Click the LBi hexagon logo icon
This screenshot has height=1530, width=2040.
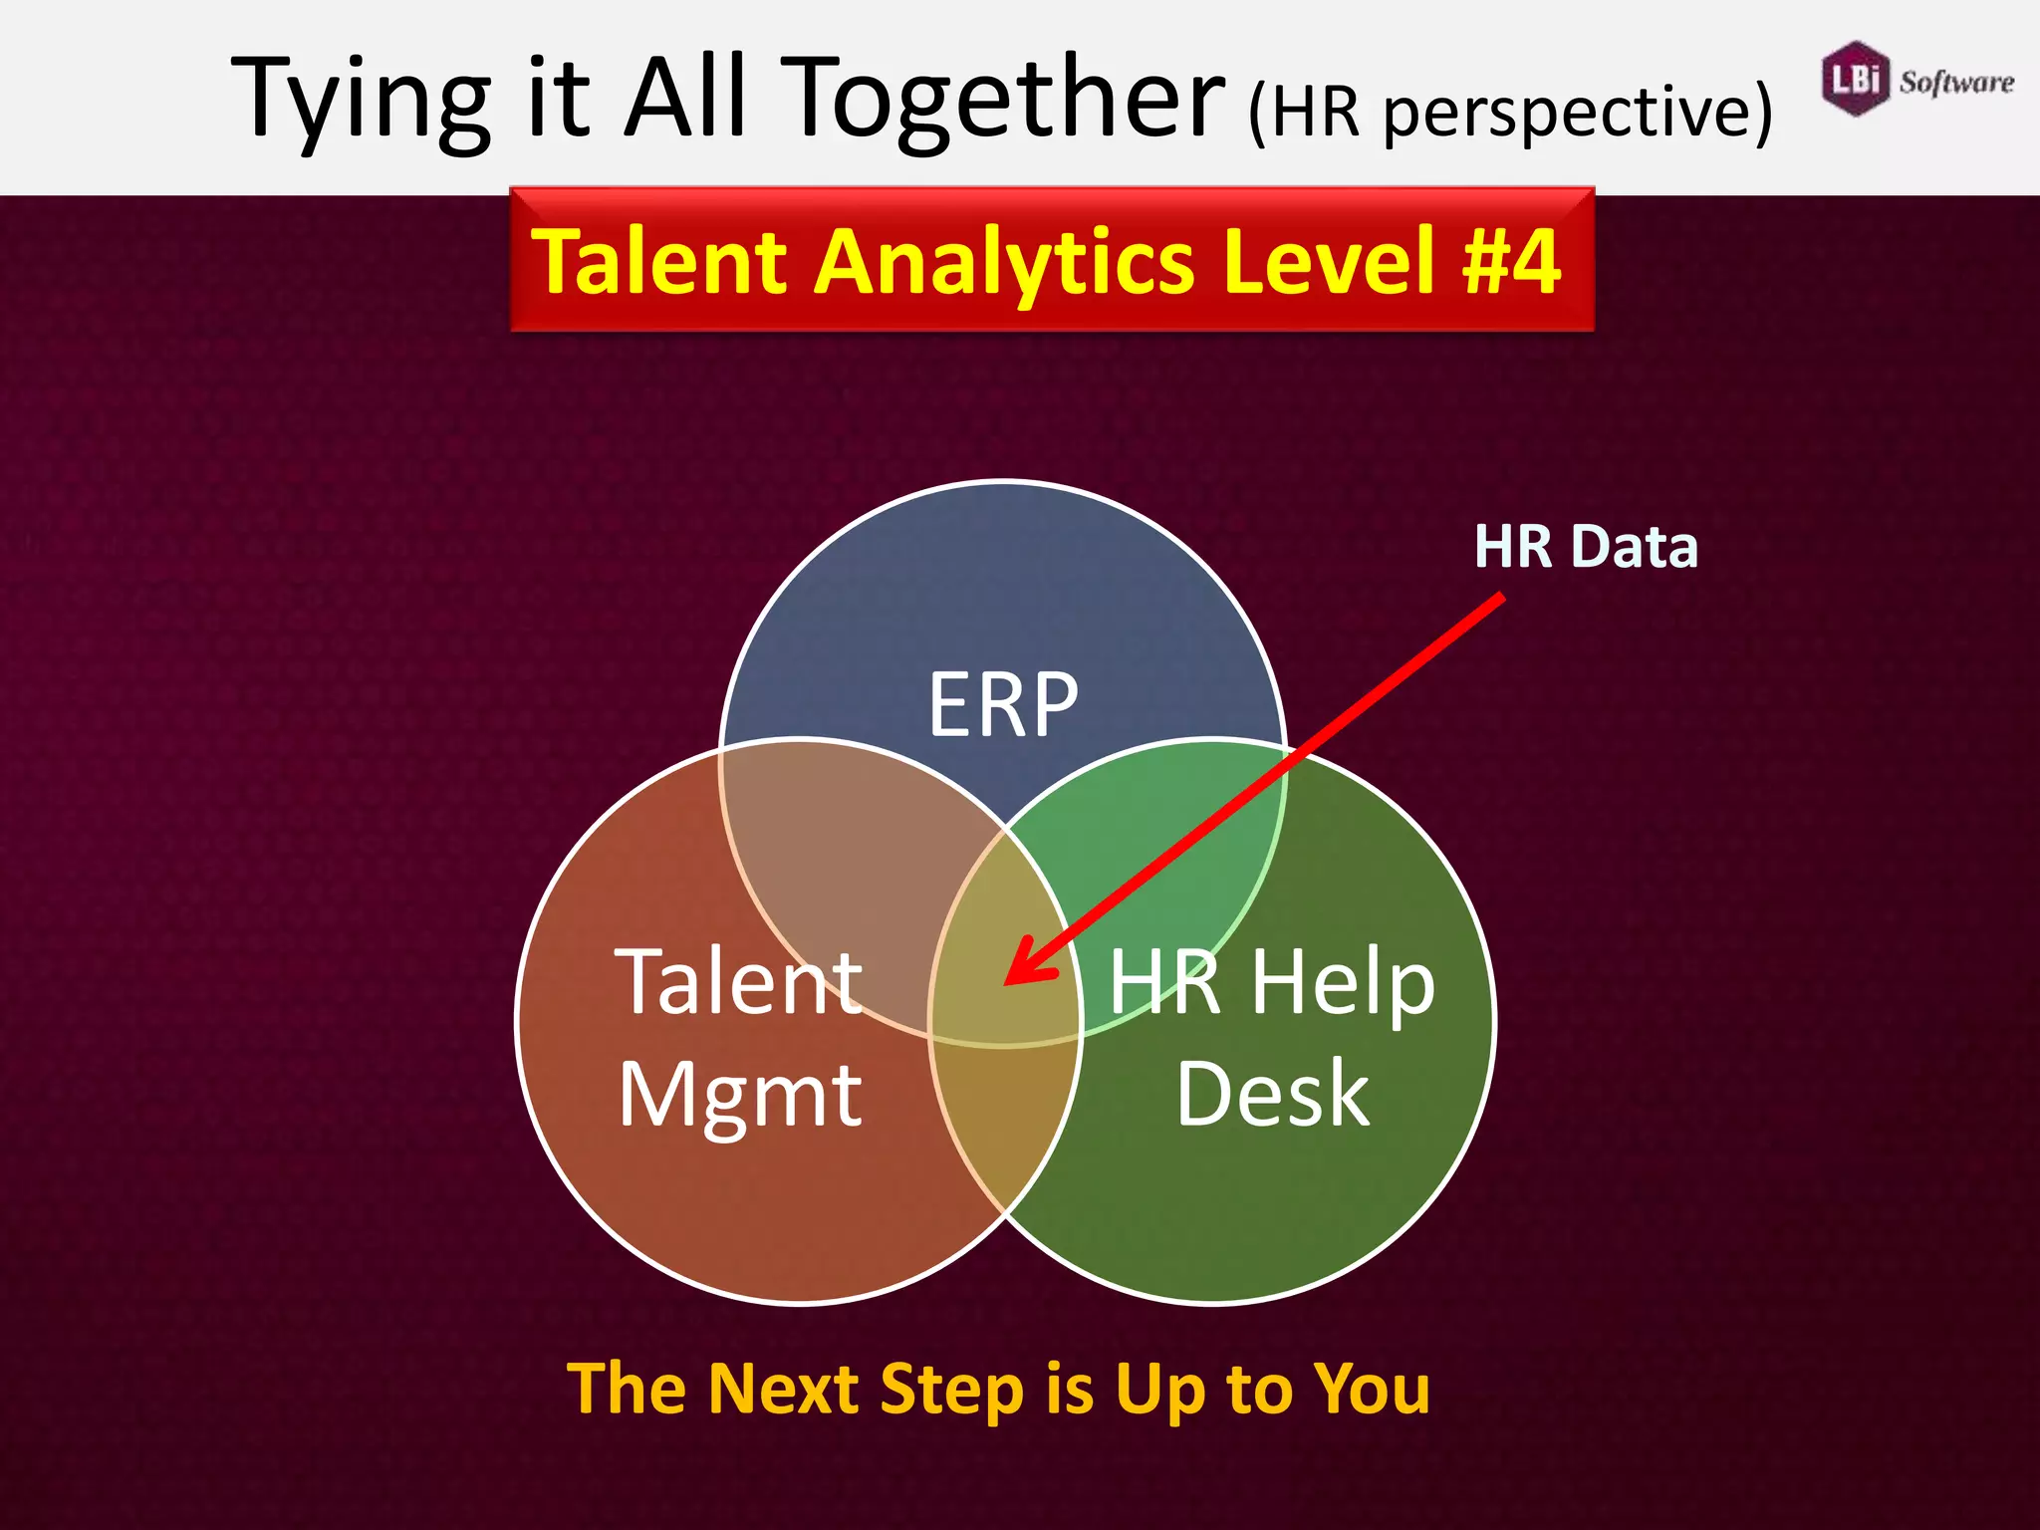click(x=1855, y=79)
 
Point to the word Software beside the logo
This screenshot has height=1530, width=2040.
click(x=1955, y=82)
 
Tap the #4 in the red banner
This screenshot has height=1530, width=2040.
click(x=1510, y=261)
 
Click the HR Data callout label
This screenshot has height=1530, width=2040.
click(x=1585, y=547)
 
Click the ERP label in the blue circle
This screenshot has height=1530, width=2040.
click(x=1002, y=705)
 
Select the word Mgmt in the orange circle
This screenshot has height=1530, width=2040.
click(x=739, y=1097)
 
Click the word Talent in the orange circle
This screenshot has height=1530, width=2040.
click(x=738, y=982)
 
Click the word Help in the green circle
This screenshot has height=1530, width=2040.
click(x=1342, y=984)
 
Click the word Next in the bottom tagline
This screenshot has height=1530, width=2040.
click(x=782, y=1389)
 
